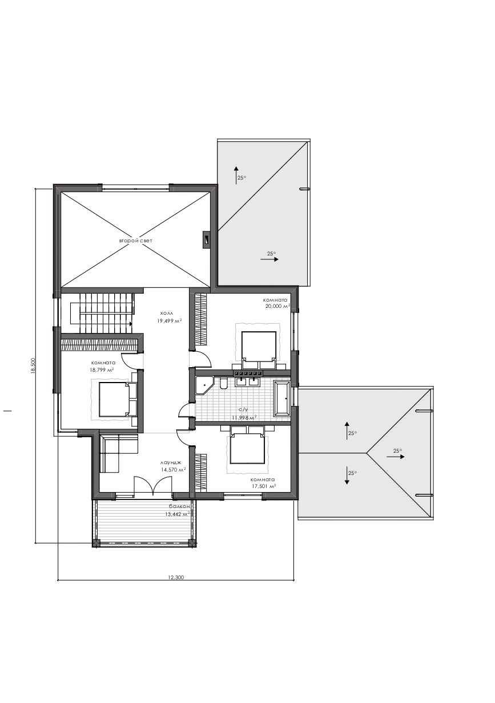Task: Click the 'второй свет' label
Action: point(135,241)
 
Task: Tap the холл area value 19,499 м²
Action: point(170,321)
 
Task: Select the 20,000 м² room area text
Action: point(276,306)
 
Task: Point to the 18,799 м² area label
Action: point(102,369)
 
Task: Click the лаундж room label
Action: point(170,462)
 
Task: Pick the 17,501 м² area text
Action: point(263,486)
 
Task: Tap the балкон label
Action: point(179,506)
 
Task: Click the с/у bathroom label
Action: point(243,409)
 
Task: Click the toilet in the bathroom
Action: point(224,384)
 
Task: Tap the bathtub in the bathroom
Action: point(283,399)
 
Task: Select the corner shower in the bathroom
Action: point(204,386)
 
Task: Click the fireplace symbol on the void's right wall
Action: point(206,241)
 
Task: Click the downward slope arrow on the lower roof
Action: point(347,475)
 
